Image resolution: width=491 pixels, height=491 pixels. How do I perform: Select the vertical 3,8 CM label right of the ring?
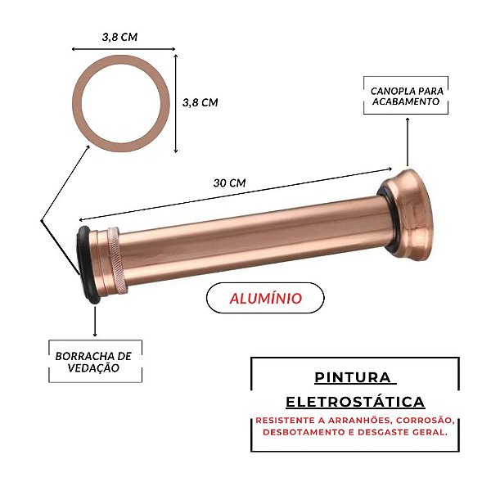coord(199,102)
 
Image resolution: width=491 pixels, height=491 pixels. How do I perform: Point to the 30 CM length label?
coord(229,182)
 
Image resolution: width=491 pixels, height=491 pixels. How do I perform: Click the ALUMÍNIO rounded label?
coord(264,298)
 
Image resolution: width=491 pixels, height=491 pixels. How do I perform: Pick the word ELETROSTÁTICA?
coord(355,402)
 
